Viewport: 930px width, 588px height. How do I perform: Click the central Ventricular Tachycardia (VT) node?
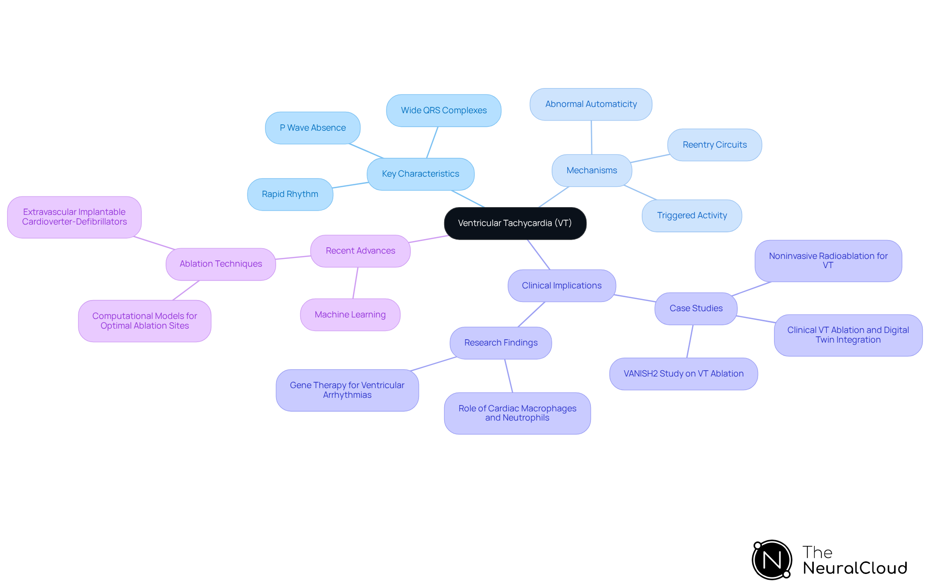point(515,223)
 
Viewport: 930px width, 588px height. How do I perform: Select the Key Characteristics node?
point(420,174)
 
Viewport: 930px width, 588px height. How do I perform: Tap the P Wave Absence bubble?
point(312,128)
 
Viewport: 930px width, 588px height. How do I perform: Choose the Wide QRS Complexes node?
point(444,110)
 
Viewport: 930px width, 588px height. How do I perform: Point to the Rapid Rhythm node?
point(290,194)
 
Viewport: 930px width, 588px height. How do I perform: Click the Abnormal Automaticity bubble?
point(591,104)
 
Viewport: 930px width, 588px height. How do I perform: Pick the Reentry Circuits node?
point(714,145)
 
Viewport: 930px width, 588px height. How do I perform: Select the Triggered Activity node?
point(692,215)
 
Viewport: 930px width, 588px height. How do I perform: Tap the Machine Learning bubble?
point(350,315)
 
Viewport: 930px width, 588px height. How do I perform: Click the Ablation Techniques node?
point(221,264)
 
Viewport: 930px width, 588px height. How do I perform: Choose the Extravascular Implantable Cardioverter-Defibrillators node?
point(75,217)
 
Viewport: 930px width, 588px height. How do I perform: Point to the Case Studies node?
point(696,308)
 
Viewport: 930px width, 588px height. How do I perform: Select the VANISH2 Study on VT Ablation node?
point(683,374)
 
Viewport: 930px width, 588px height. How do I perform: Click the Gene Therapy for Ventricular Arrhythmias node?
point(347,390)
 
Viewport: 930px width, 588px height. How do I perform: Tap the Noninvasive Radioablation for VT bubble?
point(828,261)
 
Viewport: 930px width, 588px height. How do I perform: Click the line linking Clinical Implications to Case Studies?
point(635,298)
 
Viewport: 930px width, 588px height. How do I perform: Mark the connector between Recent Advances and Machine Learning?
point(356,283)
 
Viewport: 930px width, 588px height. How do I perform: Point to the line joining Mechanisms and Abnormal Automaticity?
point(591,137)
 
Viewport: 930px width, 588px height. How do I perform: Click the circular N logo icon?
point(772,560)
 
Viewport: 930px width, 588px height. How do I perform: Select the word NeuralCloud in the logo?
point(855,568)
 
